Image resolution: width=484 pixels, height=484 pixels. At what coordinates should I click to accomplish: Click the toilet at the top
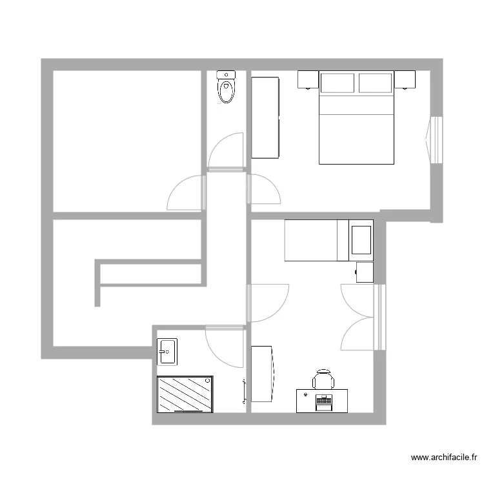pos(227,88)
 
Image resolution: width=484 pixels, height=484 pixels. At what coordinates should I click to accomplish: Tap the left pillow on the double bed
pos(338,83)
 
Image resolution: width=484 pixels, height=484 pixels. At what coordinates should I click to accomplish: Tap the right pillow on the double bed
pos(376,83)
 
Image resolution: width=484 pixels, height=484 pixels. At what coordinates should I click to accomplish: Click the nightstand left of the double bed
pos(307,79)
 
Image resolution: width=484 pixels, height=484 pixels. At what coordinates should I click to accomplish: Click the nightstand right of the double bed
pos(405,79)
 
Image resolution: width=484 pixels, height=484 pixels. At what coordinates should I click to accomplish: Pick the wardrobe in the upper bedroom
pos(265,117)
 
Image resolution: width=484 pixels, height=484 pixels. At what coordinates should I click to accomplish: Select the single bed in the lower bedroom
pos(328,240)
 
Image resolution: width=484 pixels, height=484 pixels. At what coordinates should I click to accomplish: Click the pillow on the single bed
pos(361,239)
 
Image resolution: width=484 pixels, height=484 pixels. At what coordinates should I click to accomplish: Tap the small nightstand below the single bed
pos(365,272)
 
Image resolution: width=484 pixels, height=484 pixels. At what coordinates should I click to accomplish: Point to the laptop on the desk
pos(323,401)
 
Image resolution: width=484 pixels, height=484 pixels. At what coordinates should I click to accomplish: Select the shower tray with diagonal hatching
pos(185,394)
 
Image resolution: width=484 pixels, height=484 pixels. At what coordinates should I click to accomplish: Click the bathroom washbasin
pos(168,352)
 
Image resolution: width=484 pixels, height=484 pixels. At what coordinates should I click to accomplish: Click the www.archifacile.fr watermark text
pos(445,458)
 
